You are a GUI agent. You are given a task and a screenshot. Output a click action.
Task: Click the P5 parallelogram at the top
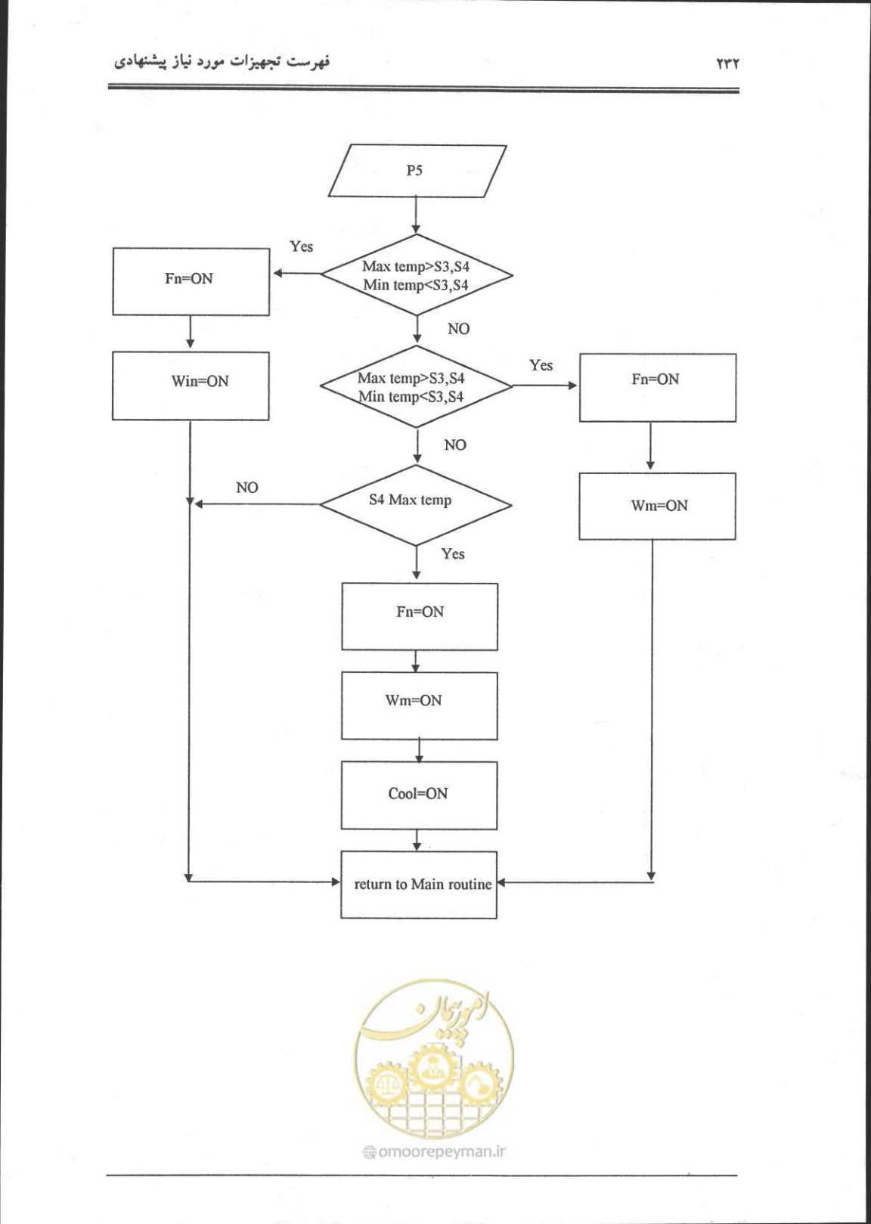(417, 171)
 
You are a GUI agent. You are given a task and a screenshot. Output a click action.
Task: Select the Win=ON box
(191, 386)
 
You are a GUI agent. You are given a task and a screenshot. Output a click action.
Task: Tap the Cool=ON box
(419, 795)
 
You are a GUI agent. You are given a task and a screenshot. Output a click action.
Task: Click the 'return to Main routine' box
(419, 885)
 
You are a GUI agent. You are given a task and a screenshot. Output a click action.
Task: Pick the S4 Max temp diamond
(416, 504)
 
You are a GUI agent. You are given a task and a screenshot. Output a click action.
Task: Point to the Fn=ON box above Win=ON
(191, 281)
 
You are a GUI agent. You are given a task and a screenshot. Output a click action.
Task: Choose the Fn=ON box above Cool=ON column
(420, 616)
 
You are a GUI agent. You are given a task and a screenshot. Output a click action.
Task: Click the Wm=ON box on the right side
(657, 506)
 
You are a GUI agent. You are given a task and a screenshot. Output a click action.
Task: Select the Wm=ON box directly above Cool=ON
(420, 706)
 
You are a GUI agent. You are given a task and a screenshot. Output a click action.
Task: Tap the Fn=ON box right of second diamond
(658, 387)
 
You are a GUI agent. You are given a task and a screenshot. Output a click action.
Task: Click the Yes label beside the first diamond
(302, 246)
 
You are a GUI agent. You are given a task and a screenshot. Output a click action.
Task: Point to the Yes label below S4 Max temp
(453, 554)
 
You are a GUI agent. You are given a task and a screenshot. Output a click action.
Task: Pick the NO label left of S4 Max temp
(247, 488)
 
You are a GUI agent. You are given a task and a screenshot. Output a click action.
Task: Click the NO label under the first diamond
(458, 328)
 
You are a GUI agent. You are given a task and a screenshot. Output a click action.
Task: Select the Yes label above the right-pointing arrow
(541, 365)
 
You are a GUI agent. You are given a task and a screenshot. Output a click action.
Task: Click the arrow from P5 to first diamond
(417, 215)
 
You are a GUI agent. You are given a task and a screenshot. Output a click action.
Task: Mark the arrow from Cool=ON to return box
(417, 841)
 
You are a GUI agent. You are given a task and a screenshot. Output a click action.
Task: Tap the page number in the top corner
(727, 64)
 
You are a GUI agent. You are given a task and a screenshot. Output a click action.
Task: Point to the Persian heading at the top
(222, 62)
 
